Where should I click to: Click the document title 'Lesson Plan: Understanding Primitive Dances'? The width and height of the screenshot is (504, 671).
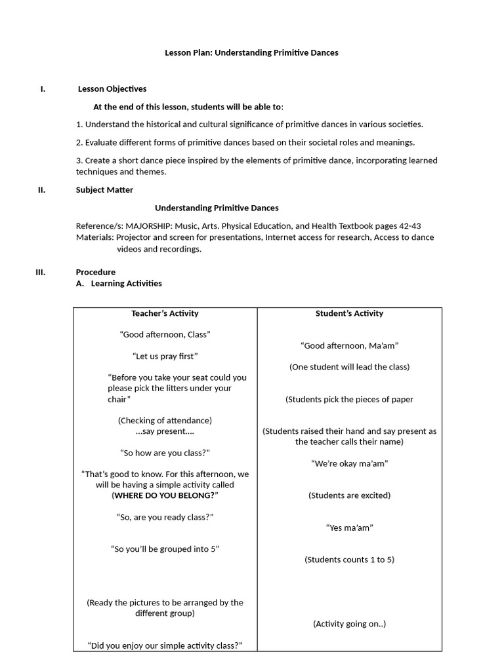(x=251, y=52)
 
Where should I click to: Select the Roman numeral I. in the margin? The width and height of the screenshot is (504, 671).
(x=43, y=89)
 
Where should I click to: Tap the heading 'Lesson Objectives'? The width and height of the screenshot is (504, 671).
(x=112, y=89)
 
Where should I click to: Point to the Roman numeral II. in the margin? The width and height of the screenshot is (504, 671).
(x=41, y=190)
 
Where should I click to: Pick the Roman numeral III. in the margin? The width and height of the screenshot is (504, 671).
(x=40, y=272)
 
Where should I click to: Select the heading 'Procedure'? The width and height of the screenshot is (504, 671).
(x=95, y=272)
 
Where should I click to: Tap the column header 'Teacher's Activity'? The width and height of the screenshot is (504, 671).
(x=165, y=313)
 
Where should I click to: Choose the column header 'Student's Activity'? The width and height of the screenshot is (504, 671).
(x=349, y=313)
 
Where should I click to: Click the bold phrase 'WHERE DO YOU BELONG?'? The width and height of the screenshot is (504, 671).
(x=165, y=495)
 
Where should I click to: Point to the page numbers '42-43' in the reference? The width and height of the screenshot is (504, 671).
(x=407, y=226)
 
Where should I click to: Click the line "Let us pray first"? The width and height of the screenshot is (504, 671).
(x=165, y=356)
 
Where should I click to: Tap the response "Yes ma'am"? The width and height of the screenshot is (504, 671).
(x=349, y=527)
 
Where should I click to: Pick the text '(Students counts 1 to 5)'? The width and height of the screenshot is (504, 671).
(x=349, y=560)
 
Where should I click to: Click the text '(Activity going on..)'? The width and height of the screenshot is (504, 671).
(x=349, y=624)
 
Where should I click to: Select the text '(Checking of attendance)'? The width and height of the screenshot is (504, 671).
(x=165, y=420)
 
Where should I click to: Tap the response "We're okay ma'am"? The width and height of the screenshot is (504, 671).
(x=349, y=463)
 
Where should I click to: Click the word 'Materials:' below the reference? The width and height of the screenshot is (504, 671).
(x=96, y=237)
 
